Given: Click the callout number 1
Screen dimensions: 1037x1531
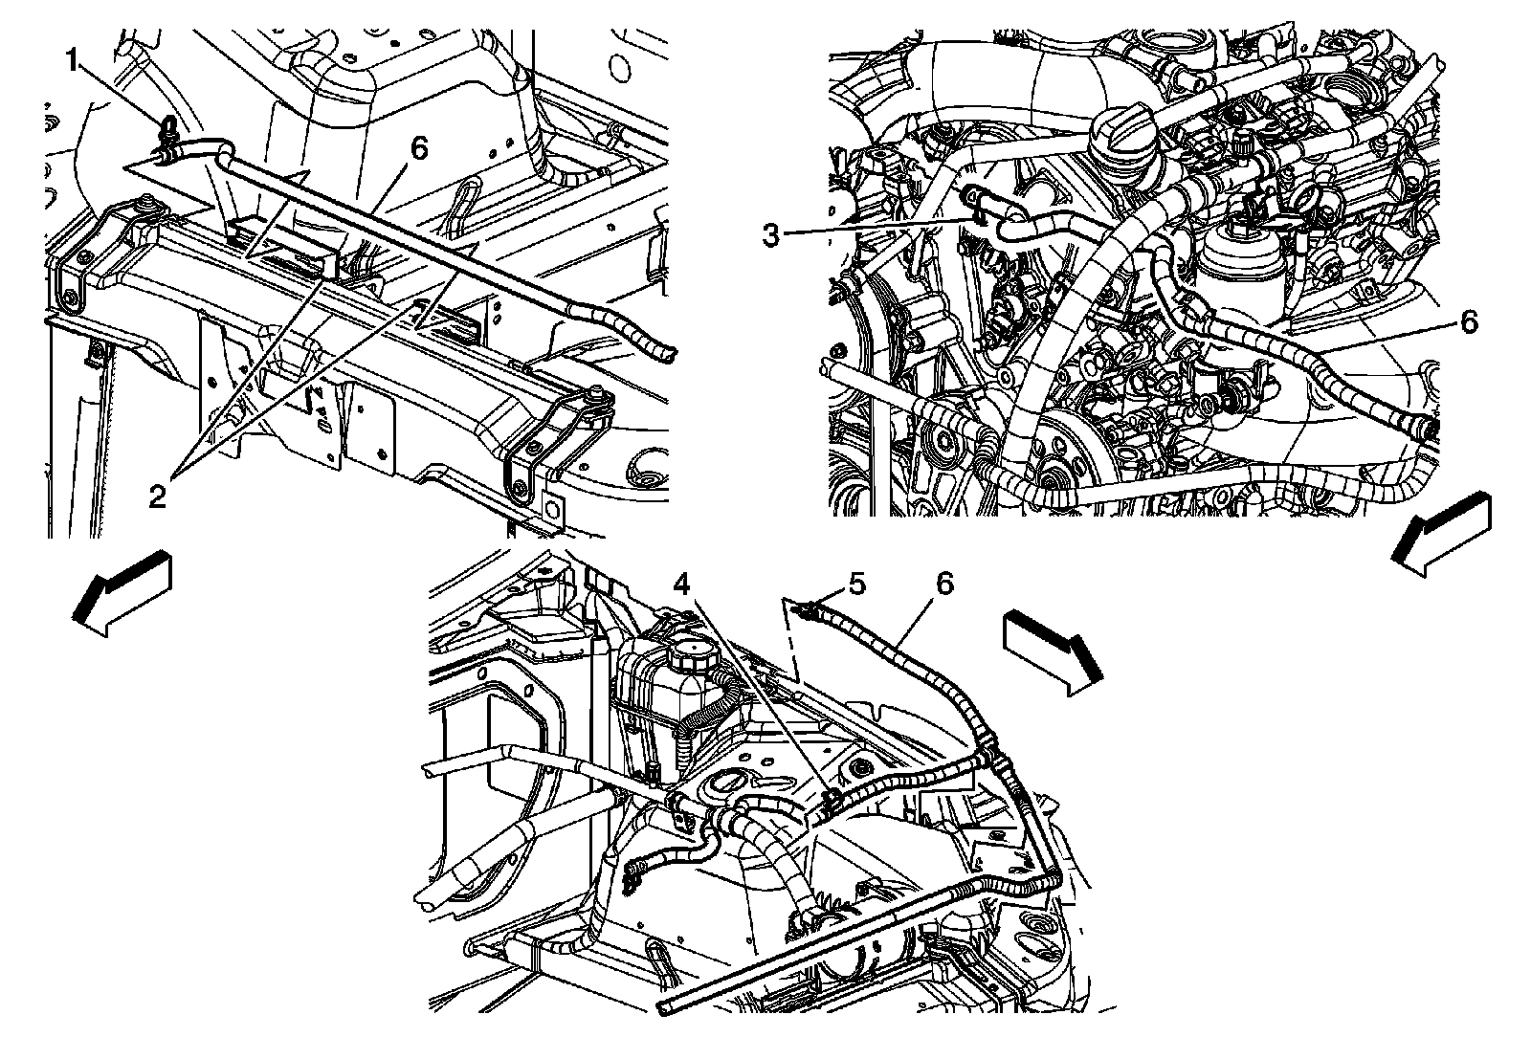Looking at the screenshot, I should click(x=72, y=62).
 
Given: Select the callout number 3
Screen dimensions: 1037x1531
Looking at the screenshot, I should click(x=771, y=235).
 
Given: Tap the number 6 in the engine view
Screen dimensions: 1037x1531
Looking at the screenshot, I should click(x=1468, y=322).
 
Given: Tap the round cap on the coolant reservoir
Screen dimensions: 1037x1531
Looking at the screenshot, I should click(x=688, y=658).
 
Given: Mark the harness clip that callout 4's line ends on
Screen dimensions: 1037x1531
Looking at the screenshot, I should click(x=831, y=799).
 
